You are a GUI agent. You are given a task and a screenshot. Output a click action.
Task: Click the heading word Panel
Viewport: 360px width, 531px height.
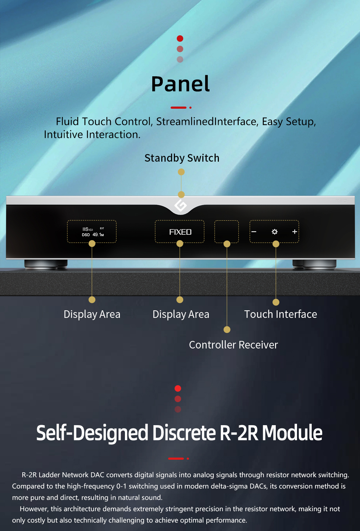[x=180, y=84]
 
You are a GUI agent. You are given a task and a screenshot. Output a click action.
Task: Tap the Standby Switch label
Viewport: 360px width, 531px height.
[x=182, y=158]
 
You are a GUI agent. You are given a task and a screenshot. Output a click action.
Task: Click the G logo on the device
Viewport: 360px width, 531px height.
[x=180, y=206]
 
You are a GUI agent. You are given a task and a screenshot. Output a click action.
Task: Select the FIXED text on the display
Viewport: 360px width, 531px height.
[x=180, y=232]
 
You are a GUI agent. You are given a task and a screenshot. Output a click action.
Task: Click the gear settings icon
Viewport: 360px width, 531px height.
[x=275, y=232]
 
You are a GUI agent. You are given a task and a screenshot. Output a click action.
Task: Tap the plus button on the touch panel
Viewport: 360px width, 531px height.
[x=294, y=231]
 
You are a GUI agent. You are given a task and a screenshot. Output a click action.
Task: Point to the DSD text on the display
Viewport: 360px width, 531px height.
[x=86, y=235]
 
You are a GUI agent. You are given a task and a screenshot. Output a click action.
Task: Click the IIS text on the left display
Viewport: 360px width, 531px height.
[x=86, y=229]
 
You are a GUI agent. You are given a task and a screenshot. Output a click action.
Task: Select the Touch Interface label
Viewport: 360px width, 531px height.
[x=280, y=314]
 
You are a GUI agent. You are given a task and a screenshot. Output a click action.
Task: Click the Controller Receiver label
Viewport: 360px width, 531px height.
[x=233, y=345]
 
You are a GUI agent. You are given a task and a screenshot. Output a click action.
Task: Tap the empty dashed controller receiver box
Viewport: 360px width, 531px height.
[x=226, y=231]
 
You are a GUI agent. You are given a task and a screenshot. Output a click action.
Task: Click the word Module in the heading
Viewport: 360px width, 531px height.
[x=292, y=433]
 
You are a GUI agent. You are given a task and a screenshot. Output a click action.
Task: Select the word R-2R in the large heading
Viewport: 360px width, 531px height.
[x=239, y=433]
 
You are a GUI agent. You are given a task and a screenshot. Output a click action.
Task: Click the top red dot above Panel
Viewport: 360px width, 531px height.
[x=180, y=39]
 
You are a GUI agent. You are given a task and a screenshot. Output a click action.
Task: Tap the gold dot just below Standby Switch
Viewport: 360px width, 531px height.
[x=181, y=172]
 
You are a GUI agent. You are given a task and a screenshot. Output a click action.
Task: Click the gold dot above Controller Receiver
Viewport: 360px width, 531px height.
[x=227, y=329]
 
